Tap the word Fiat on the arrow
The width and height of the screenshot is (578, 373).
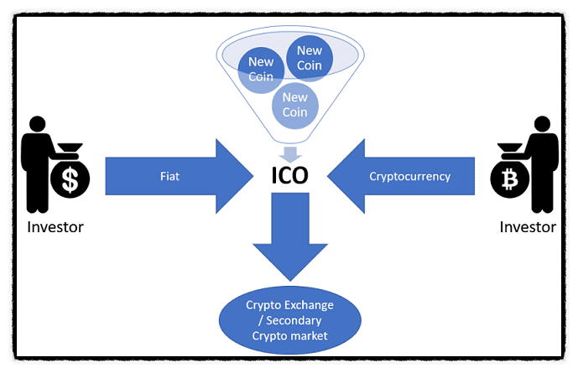(170, 177)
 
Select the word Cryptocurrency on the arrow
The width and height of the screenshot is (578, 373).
(410, 177)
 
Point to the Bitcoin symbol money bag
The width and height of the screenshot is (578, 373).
(509, 178)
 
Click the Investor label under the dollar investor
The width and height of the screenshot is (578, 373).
(55, 226)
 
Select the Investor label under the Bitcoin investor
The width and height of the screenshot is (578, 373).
(528, 226)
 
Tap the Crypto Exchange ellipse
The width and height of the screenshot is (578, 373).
(289, 320)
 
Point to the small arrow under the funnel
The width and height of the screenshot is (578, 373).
(290, 153)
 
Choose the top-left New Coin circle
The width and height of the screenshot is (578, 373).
(261, 70)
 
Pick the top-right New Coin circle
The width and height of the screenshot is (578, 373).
(310, 57)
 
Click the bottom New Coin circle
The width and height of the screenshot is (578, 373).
(294, 104)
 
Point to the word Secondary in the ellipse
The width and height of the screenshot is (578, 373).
(290, 320)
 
